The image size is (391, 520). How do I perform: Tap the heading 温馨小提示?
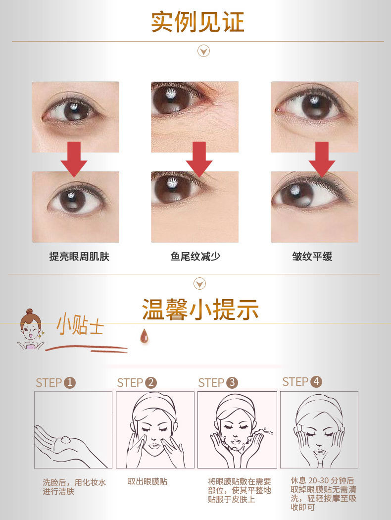pyautogui.click(x=200, y=310)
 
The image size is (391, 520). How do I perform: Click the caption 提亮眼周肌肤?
pyautogui.click(x=79, y=257)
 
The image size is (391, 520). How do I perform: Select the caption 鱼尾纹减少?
pyautogui.click(x=195, y=257)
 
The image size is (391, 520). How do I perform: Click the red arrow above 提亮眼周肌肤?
pyautogui.click(x=74, y=158)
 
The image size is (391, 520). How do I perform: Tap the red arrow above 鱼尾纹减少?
pyautogui.click(x=199, y=158)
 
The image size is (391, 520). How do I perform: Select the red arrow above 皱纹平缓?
pyautogui.click(x=322, y=158)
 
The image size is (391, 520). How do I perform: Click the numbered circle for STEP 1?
pyautogui.click(x=70, y=382)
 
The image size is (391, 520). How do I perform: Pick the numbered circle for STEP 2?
pyautogui.click(x=151, y=382)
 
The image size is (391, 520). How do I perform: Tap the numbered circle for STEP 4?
pyautogui.click(x=316, y=381)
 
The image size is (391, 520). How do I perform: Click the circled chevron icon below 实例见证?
pyautogui.click(x=203, y=51)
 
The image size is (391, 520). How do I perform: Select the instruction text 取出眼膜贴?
pyautogui.click(x=147, y=481)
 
